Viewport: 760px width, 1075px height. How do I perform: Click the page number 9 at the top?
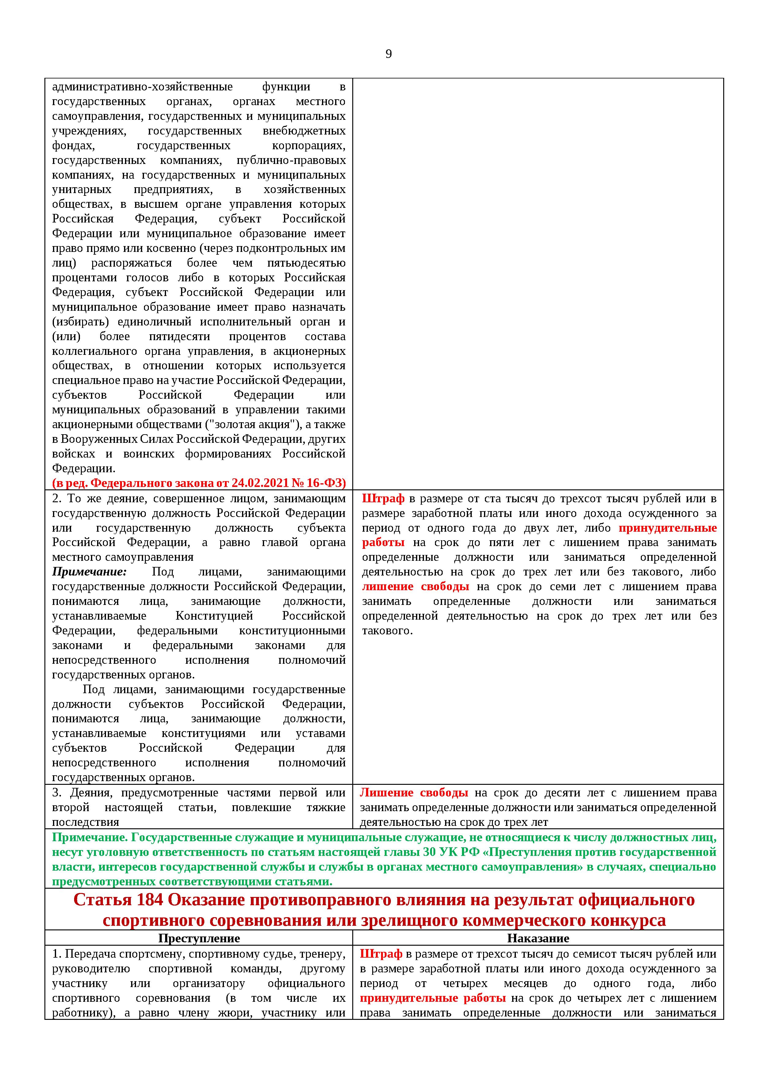point(388,54)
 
